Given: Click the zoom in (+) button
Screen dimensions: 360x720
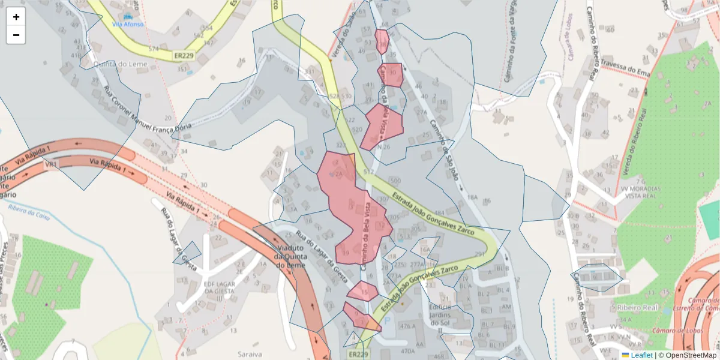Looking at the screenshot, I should (16, 17).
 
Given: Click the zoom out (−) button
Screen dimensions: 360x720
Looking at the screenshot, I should (16, 35).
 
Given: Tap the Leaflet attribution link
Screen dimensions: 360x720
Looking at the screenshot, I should (641, 355).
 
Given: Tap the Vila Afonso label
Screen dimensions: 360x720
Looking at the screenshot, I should (128, 24).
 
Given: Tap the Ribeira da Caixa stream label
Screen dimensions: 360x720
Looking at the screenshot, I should (29, 211).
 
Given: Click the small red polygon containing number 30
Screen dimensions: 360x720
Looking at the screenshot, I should (391, 74).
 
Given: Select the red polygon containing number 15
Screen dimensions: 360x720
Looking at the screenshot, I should (362, 292).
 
